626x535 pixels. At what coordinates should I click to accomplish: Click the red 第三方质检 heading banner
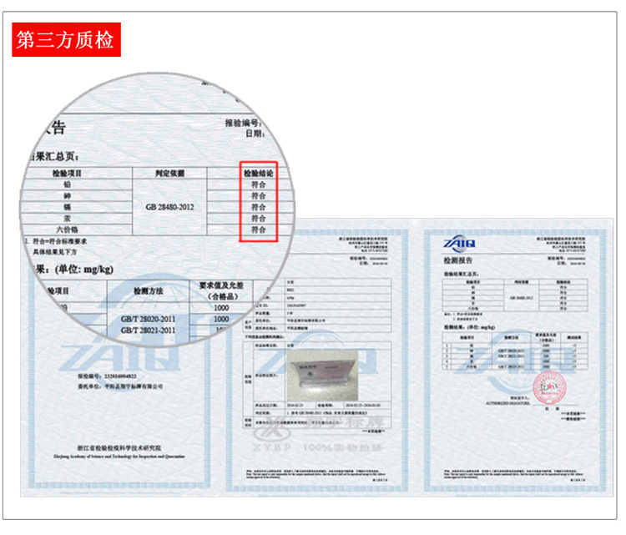66,40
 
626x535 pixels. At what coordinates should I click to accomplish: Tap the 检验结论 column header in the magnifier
258,173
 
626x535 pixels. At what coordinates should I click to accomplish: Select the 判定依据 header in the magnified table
169,173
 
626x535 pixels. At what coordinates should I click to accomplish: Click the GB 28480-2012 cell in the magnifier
170,205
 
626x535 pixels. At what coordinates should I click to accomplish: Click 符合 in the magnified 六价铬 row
258,228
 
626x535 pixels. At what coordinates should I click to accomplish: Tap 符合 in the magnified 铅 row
258,184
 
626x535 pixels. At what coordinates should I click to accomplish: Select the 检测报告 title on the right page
458,261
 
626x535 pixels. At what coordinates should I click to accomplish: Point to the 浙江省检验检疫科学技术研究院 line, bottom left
114,447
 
